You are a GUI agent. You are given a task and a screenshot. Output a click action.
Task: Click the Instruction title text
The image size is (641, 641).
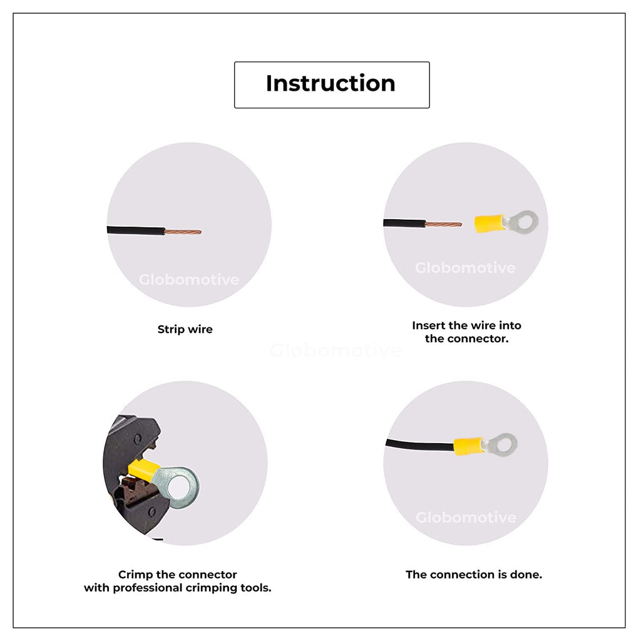pos(331,83)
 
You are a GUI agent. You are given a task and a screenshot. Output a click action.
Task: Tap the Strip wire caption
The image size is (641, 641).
pos(185,329)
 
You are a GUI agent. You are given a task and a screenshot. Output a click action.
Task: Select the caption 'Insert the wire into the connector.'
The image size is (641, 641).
pos(466,332)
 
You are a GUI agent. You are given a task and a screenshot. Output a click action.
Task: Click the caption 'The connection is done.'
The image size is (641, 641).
pos(474,575)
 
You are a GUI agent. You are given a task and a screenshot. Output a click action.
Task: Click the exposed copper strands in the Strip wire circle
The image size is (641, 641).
pos(183,232)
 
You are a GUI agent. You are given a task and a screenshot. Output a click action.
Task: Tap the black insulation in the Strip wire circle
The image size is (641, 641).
pos(136,230)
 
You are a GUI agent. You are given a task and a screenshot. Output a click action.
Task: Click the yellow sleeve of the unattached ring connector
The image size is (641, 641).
pos(490,223)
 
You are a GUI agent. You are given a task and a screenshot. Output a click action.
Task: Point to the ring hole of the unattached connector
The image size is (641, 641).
pos(526,222)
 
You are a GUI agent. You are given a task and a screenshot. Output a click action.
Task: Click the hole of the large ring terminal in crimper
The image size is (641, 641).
pos(178,487)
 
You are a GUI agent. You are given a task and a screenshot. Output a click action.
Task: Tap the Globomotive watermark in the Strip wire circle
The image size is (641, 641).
pos(189,280)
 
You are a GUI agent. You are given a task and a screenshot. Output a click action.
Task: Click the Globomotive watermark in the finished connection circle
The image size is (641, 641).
pos(466,518)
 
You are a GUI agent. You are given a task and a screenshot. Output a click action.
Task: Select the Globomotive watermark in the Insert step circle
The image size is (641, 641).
pos(465,268)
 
